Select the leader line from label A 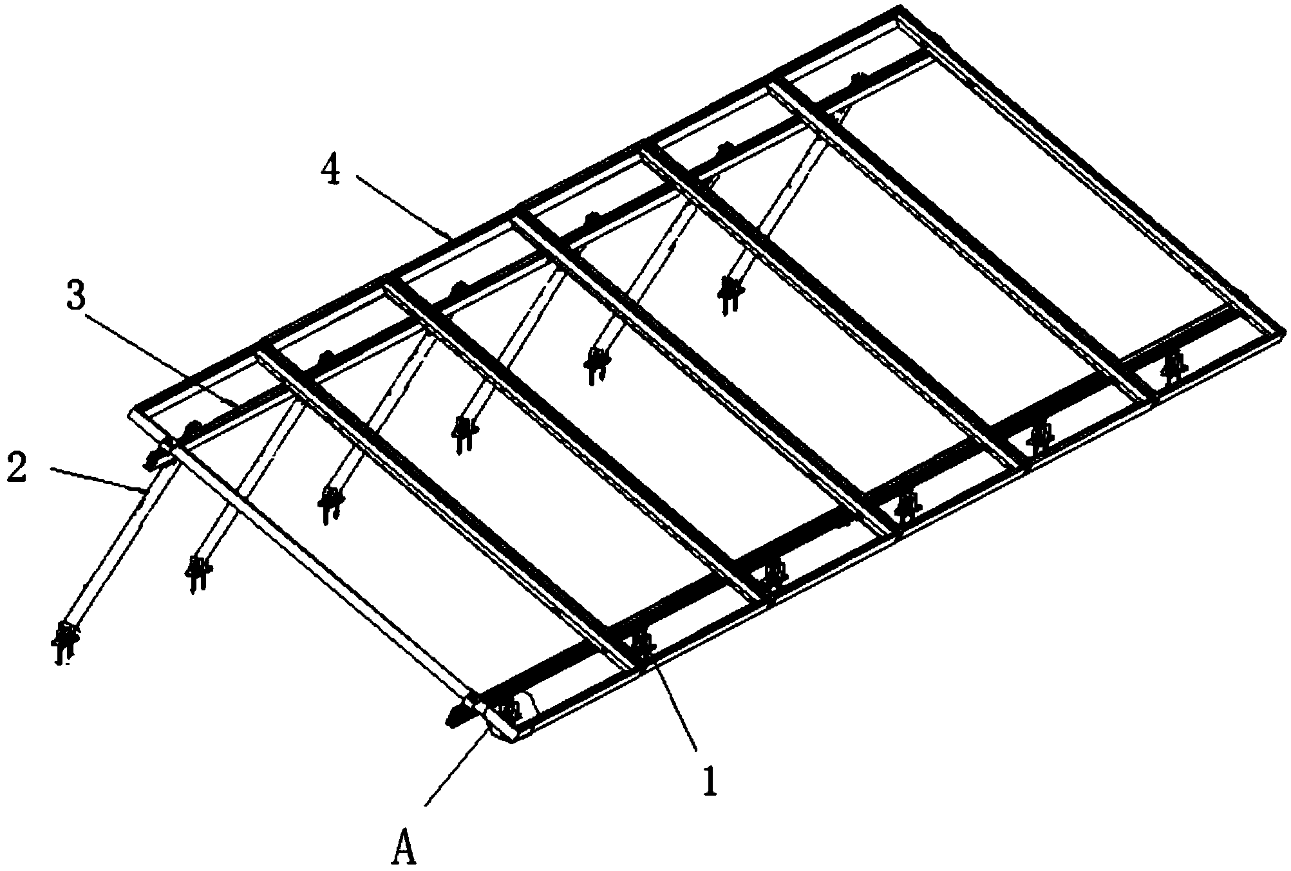(457, 766)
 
